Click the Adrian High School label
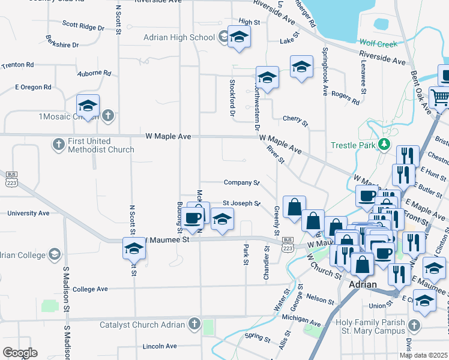click(x=179, y=37)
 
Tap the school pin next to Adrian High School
click(x=239, y=38)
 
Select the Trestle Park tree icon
click(x=384, y=145)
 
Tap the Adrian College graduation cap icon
click(x=55, y=254)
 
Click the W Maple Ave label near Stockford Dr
click(x=167, y=137)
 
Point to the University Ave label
click(x=28, y=213)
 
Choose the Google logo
click(x=20, y=353)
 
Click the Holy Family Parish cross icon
click(x=413, y=325)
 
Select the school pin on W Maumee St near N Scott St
click(x=134, y=247)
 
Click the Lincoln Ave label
click(x=160, y=346)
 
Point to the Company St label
click(x=241, y=182)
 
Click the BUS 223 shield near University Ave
click(x=10, y=182)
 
